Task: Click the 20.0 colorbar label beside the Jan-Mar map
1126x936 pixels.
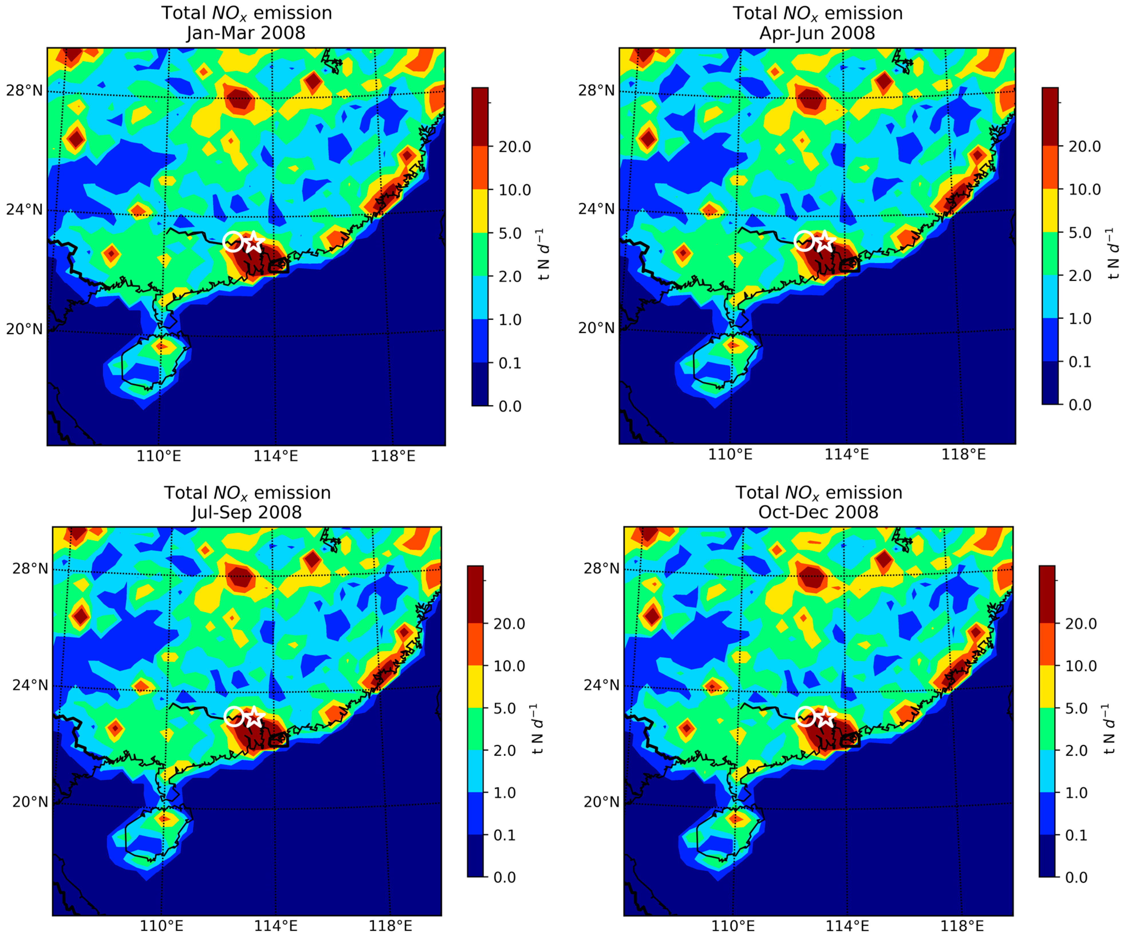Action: [515, 147]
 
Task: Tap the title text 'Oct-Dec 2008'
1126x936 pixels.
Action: [818, 512]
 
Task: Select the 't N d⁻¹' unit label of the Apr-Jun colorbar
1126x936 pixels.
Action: [1113, 254]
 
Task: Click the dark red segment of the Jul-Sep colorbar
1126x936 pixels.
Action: [476, 594]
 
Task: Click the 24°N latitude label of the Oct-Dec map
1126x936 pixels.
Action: [602, 685]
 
